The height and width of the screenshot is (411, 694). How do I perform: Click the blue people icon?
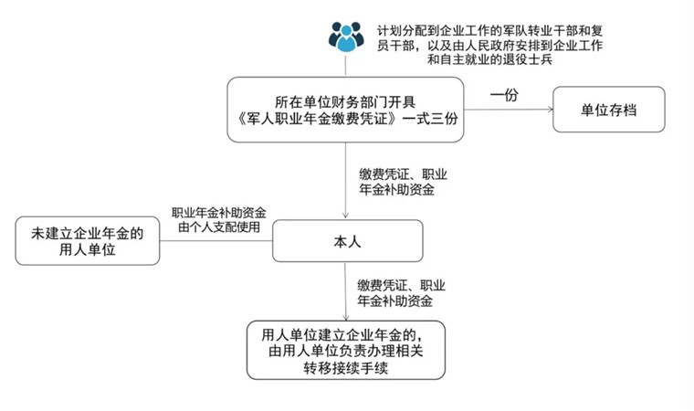[x=346, y=37]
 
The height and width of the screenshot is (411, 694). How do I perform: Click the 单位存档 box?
[x=608, y=110]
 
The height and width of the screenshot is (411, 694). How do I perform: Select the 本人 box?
[x=347, y=241]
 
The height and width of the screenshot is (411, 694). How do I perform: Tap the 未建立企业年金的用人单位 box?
[x=87, y=241]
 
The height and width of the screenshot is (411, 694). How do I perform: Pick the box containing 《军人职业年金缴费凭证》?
[x=345, y=110]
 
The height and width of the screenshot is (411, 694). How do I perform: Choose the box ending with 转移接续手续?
[x=346, y=351]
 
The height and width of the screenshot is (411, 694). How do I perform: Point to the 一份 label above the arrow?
[x=504, y=94]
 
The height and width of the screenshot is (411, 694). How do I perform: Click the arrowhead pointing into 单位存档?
[x=551, y=110]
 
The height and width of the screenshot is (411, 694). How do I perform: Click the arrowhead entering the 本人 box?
[x=346, y=216]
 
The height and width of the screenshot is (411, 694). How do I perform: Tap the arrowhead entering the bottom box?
[x=346, y=317]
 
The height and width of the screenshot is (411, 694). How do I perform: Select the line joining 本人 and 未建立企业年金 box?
[x=216, y=241]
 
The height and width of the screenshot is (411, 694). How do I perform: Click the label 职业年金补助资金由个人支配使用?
[x=219, y=220]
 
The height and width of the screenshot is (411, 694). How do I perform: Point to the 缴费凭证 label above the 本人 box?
[x=403, y=182]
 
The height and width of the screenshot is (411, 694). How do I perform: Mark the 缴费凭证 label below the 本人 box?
[x=401, y=293]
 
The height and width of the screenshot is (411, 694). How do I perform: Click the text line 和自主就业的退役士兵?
[x=490, y=59]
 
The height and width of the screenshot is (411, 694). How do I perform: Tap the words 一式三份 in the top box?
[x=430, y=119]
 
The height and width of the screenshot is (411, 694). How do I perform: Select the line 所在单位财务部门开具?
[x=345, y=102]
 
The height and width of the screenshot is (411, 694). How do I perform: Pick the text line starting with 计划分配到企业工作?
[x=490, y=30]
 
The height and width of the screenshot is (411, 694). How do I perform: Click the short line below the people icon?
[x=346, y=65]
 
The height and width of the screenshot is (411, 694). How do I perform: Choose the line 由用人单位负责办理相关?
[x=346, y=351]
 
